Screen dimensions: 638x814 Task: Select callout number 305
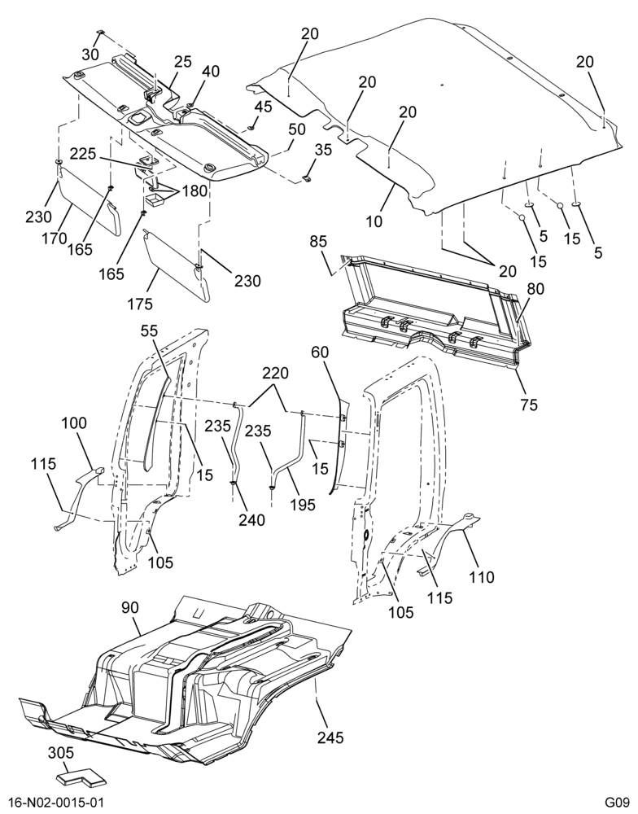pyautogui.click(x=61, y=753)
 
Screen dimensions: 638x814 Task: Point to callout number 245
pyautogui.click(x=330, y=737)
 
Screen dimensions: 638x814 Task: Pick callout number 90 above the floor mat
pyautogui.click(x=130, y=607)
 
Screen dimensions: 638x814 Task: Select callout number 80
pyautogui.click(x=535, y=288)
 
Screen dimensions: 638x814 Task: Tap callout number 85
pyautogui.click(x=318, y=242)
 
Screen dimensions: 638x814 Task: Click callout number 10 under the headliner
pyautogui.click(x=374, y=221)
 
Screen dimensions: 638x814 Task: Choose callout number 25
pyautogui.click(x=182, y=61)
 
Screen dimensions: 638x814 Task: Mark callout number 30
pyautogui.click(x=90, y=54)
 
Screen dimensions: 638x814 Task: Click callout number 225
pyautogui.click(x=84, y=154)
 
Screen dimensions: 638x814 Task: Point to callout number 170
pyautogui.click(x=55, y=239)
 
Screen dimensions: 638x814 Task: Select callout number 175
pyautogui.click(x=140, y=303)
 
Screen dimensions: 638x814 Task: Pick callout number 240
pyautogui.click(x=251, y=519)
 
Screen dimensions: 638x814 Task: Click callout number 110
pyautogui.click(x=481, y=576)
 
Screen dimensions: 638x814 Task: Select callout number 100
pyautogui.click(x=74, y=423)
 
